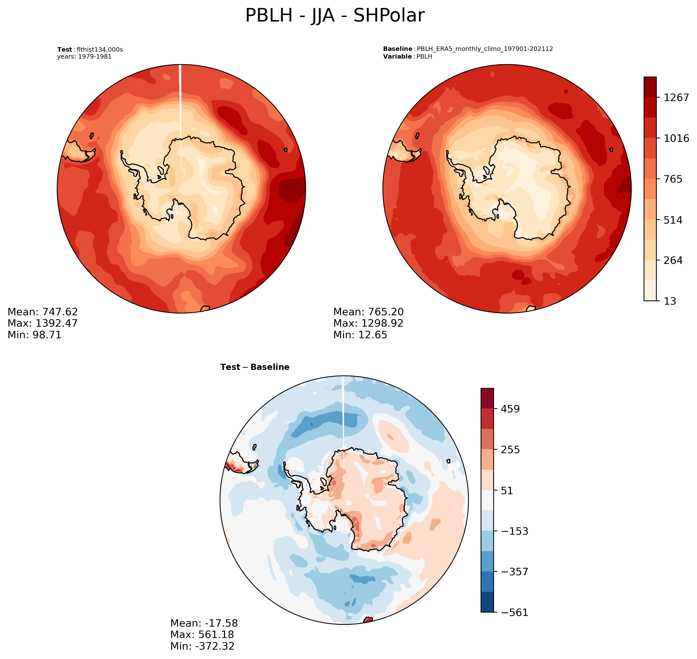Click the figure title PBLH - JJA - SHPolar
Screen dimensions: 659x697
(335, 16)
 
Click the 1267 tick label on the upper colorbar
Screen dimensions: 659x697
(676, 98)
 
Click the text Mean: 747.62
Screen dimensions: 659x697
(42, 312)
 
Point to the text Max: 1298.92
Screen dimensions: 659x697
(368, 323)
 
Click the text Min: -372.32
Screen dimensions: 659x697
(202, 646)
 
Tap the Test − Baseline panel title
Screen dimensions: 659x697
(255, 367)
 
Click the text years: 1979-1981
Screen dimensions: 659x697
(84, 57)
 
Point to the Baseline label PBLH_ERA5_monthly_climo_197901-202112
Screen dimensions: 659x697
(468, 49)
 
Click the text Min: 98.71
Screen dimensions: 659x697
(34, 335)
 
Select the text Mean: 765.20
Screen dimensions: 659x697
(368, 312)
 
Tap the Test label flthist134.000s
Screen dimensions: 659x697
(90, 49)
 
